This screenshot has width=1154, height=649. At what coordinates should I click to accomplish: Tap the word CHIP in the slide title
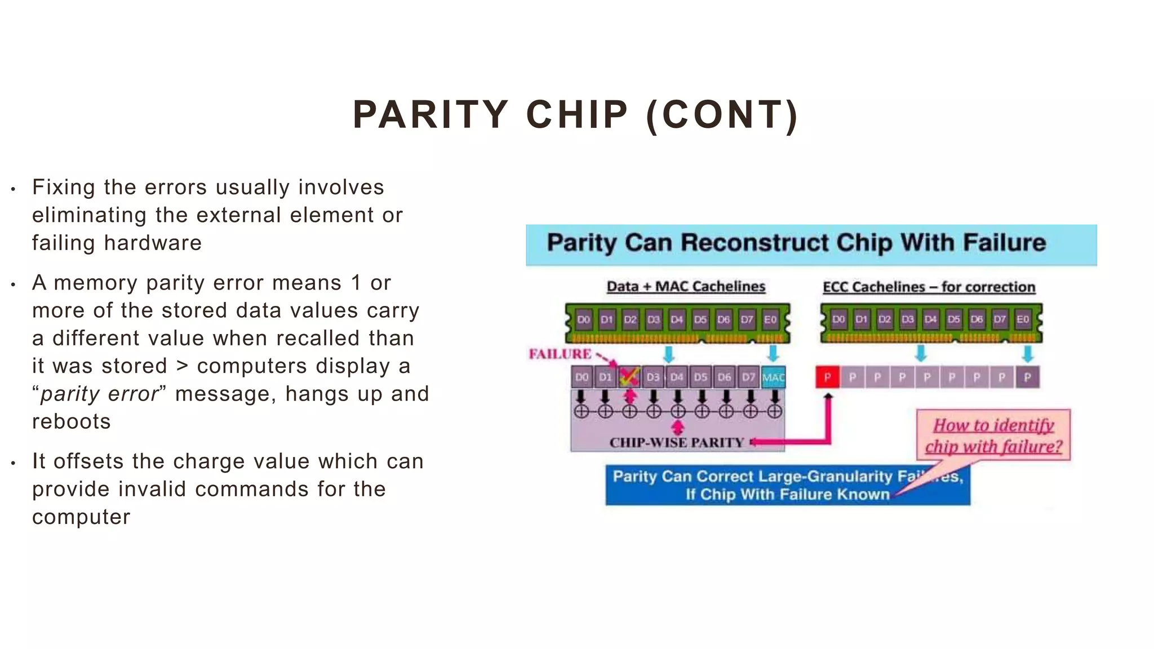point(576,115)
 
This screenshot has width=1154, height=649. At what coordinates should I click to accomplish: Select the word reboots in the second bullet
point(72,421)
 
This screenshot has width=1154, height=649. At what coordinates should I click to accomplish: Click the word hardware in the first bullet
point(153,243)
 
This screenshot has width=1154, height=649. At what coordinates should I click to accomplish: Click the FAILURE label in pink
point(560,354)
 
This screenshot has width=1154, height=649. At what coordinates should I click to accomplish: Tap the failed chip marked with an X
point(629,377)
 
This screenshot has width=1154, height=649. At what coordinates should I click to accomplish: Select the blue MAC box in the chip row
point(773,377)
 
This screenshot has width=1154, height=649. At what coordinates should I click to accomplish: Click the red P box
point(827,377)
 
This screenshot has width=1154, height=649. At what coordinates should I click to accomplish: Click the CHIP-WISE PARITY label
point(676,443)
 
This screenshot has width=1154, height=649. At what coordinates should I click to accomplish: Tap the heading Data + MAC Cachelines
point(686,287)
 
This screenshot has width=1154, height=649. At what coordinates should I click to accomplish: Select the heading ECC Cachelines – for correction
point(929,287)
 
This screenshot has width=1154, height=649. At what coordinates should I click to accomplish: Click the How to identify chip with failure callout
point(993,435)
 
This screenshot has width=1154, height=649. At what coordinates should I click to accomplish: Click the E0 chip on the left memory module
point(770,319)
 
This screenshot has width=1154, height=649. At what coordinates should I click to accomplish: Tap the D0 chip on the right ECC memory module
point(838,319)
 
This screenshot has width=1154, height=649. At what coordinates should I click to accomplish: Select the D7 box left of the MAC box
point(748,377)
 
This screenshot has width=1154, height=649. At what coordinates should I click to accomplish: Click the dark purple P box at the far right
point(1027,377)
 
